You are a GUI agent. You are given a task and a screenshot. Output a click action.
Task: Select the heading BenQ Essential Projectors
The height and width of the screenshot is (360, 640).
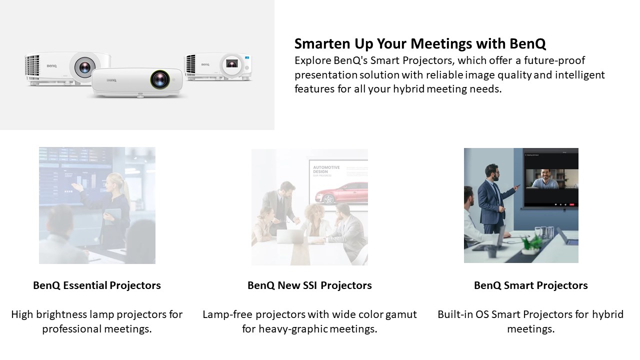tap(97, 285)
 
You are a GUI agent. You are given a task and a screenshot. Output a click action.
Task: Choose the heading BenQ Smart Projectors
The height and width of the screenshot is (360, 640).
tap(531, 285)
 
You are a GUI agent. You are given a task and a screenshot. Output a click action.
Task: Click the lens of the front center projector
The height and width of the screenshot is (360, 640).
tap(160, 79)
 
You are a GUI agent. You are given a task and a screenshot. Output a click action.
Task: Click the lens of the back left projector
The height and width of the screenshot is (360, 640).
tap(84, 67)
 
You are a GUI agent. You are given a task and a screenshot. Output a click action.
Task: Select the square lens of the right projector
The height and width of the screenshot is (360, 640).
tap(231, 63)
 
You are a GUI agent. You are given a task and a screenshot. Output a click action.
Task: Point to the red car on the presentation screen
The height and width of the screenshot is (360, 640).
tap(341, 193)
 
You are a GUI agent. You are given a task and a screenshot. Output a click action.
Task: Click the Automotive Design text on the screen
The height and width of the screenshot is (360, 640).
tap(326, 169)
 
